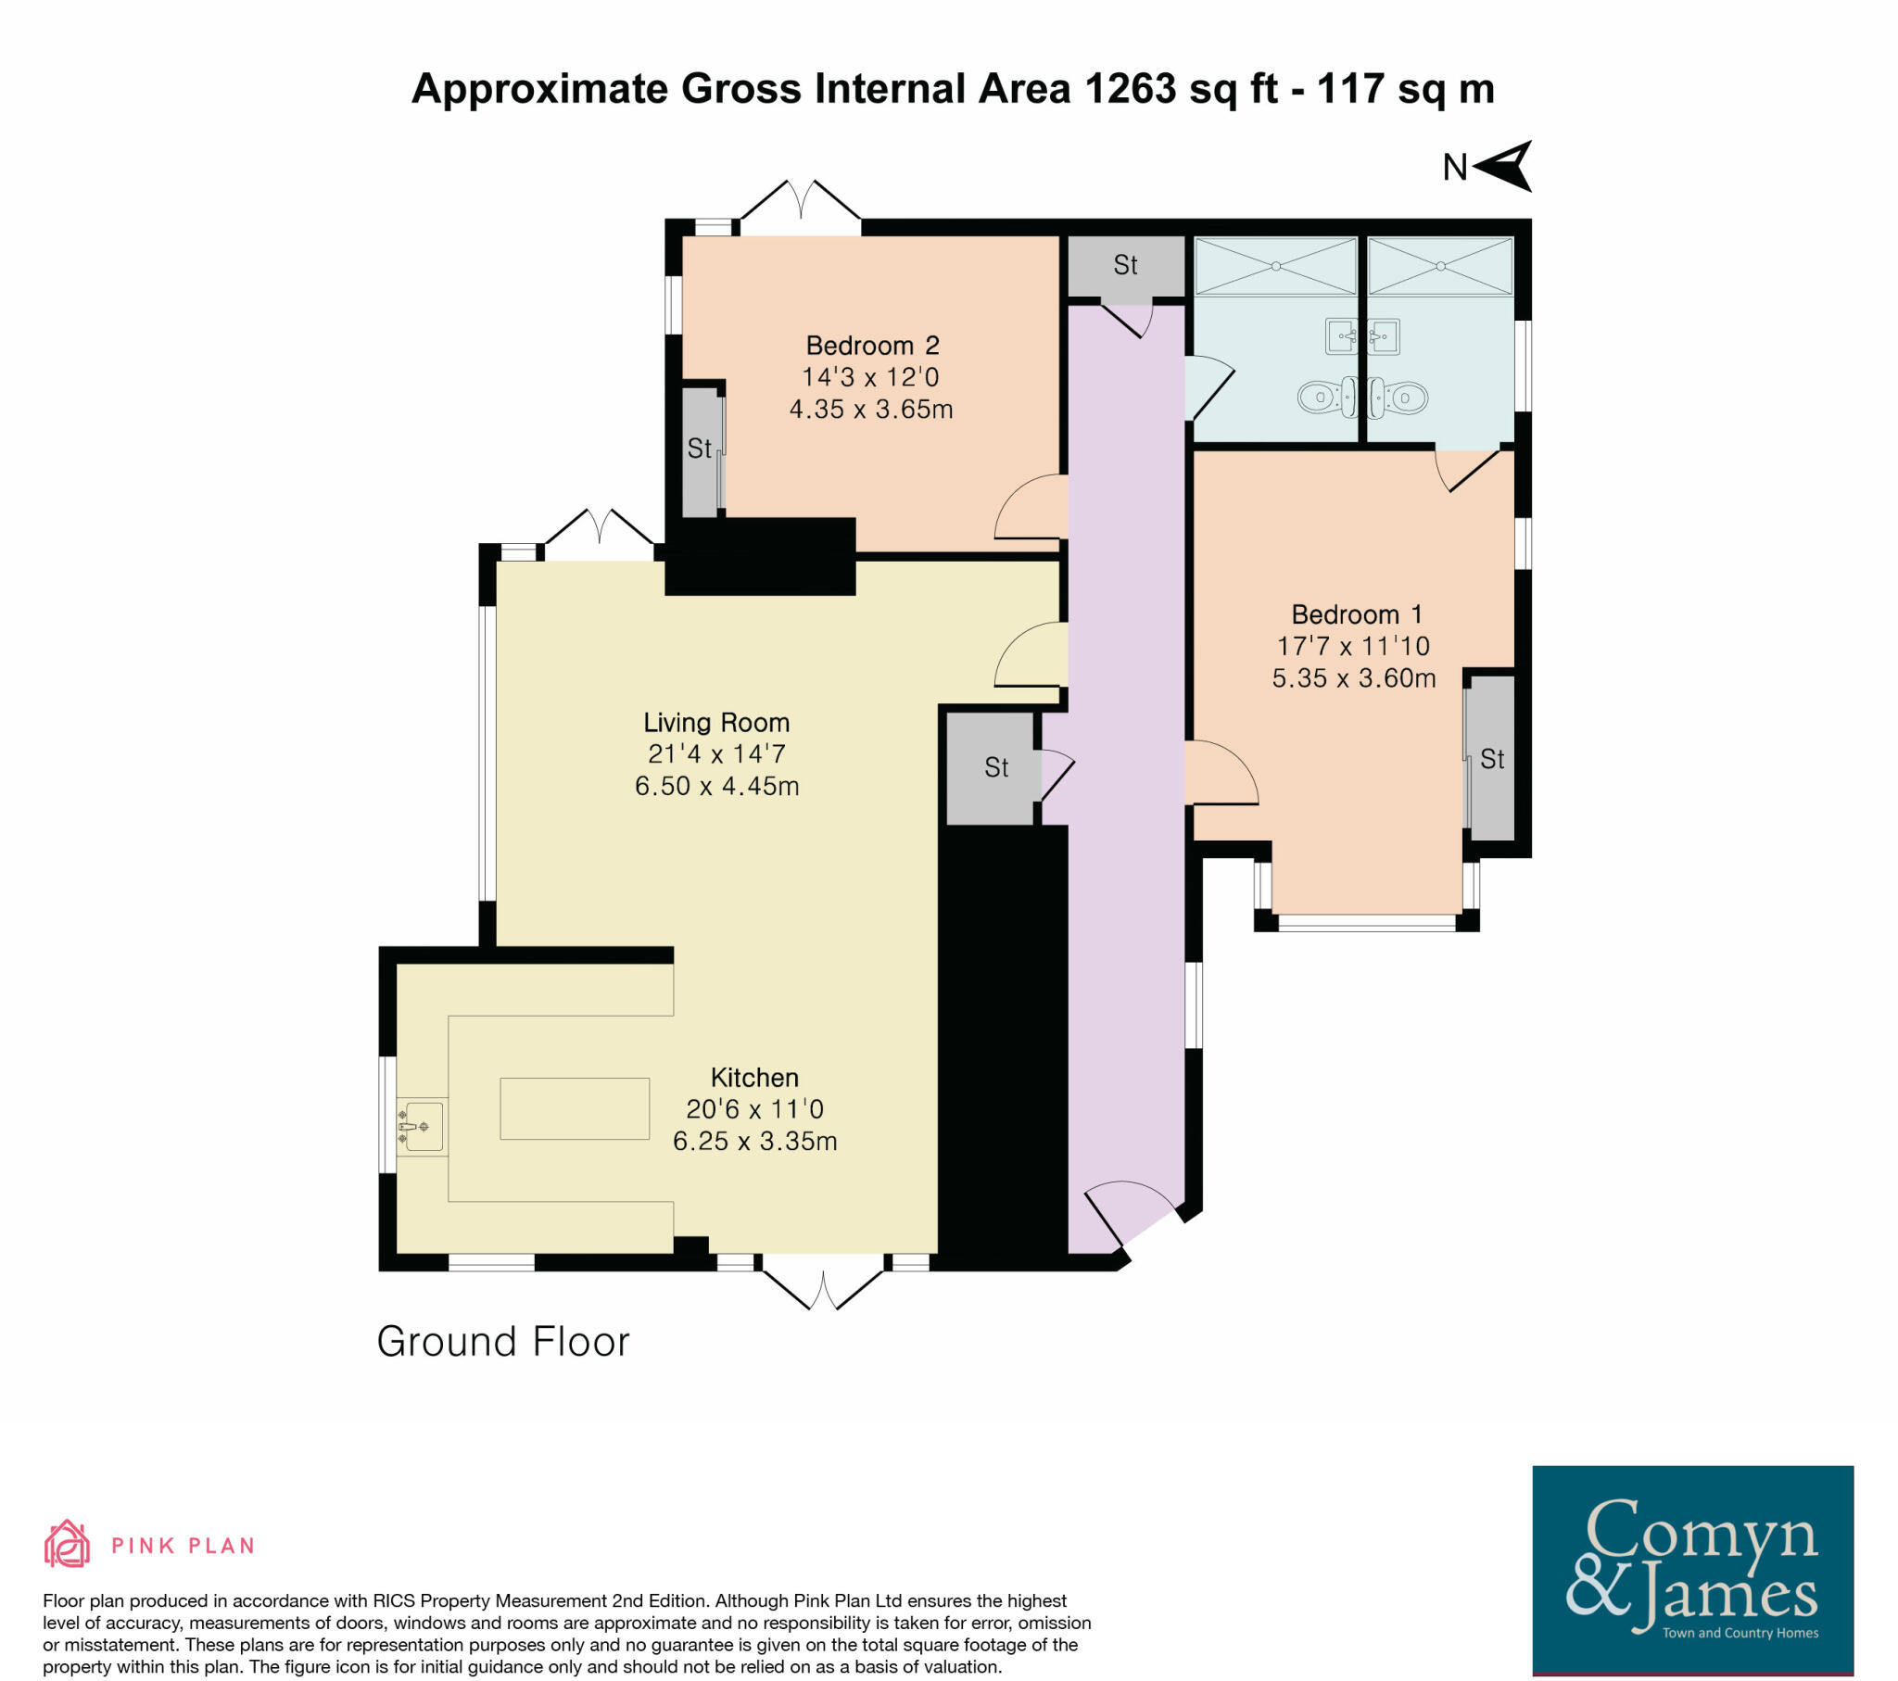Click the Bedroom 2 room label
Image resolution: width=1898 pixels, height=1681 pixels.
tap(872, 347)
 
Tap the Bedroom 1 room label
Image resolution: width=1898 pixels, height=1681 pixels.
tap(1356, 614)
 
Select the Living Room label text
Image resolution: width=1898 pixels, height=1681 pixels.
tap(716, 723)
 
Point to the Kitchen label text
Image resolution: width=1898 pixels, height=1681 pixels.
tap(754, 1078)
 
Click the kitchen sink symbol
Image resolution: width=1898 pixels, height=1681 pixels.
tap(421, 1127)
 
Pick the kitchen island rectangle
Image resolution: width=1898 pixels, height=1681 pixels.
tap(574, 1108)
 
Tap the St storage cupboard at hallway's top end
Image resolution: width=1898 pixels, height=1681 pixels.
tap(1124, 266)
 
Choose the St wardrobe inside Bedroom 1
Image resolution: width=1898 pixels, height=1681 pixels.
tap(1491, 759)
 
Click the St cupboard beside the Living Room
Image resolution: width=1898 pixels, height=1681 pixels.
tap(995, 767)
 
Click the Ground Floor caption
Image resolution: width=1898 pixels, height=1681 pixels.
tap(502, 1342)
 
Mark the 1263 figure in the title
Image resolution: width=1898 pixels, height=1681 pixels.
tap(1130, 89)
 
